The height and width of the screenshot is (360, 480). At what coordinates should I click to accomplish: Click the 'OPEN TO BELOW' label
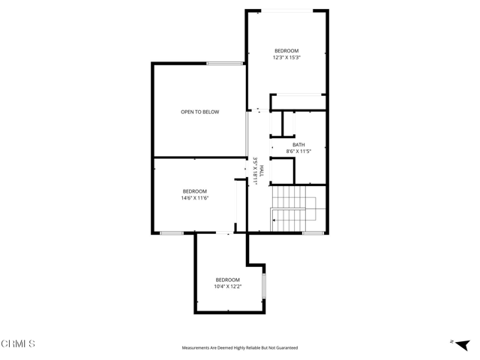point(200,112)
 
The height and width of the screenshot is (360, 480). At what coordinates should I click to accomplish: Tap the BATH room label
point(298,145)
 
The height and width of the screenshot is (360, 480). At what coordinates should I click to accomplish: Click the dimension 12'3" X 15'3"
point(286,58)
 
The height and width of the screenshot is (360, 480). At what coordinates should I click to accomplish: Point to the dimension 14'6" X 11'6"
point(194,198)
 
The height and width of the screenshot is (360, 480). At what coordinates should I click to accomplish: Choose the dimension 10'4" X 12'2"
point(228,286)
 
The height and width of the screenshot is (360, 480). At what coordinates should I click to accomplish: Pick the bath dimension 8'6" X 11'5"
point(298,151)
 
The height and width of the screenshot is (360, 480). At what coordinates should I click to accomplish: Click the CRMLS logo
point(18,343)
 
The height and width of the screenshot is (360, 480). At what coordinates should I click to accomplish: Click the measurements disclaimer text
point(240,348)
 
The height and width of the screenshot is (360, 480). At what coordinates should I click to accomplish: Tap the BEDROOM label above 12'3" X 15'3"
point(286,51)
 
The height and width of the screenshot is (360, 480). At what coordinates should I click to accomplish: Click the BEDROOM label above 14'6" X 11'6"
point(194,191)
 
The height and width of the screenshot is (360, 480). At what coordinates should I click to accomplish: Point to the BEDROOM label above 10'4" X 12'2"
point(228,280)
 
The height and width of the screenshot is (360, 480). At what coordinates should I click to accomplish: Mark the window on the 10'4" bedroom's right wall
point(264,286)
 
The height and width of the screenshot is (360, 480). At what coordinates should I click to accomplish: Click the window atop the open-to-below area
point(224,63)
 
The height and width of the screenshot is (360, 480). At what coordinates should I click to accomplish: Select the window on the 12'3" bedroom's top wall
point(287,10)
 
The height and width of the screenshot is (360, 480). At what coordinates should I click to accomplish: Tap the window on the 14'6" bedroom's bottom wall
point(171,233)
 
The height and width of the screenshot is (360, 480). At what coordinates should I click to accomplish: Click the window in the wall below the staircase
point(313,233)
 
